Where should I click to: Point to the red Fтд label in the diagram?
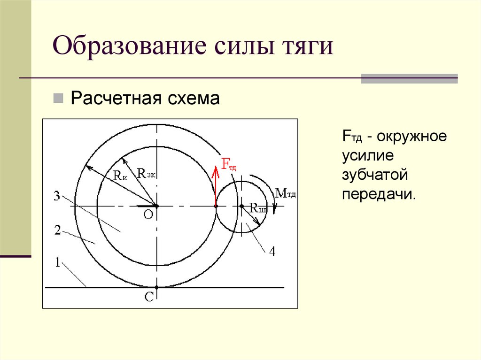[229, 165]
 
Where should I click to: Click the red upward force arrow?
[216, 185]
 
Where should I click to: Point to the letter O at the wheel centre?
[148, 214]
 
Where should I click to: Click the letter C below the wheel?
[148, 298]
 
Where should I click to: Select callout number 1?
[57, 263]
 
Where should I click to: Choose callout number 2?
[57, 230]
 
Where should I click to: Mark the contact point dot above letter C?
[157, 287]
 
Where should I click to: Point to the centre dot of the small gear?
[241, 206]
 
